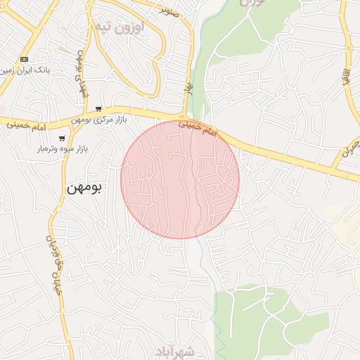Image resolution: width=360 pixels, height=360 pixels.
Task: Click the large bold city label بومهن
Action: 84,188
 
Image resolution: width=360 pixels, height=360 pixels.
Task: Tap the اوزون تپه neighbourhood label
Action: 117,27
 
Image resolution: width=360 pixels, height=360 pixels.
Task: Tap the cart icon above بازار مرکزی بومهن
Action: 98,108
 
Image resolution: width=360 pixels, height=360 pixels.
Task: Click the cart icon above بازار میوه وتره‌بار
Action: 63,138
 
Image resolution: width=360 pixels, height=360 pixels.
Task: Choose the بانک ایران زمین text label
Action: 25,70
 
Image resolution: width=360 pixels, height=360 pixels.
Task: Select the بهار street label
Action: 188,87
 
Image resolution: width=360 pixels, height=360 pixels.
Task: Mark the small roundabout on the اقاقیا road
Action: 349,48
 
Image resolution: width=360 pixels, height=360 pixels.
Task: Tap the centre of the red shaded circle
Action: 180,179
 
